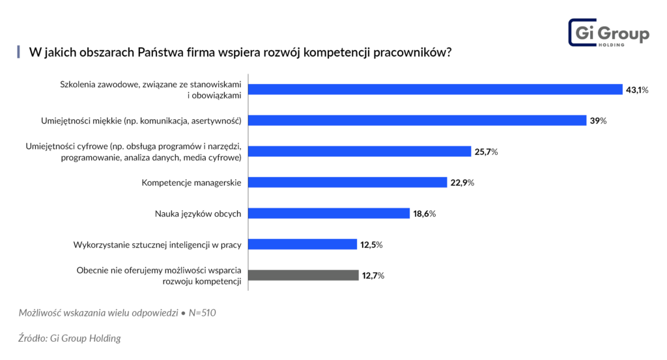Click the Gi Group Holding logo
pos(608,33)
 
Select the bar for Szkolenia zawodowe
pos(435,90)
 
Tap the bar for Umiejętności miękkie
pos(418,120)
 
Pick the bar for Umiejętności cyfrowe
pos(360,151)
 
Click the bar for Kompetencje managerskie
pos(348,182)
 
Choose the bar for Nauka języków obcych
pos(329,214)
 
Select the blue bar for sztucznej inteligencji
pos(303,244)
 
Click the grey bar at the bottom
pos(304,275)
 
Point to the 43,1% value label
pos(637,90)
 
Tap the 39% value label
pos(599,121)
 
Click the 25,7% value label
pos(486,152)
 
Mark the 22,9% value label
pos(462,183)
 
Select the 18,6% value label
pos(423,214)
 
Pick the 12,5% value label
pos(370,245)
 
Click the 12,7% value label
pos(373,276)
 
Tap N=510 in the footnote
pos(202,313)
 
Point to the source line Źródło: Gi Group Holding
pos(70,339)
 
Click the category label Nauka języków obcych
pos(198,214)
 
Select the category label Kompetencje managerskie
pos(192,182)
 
